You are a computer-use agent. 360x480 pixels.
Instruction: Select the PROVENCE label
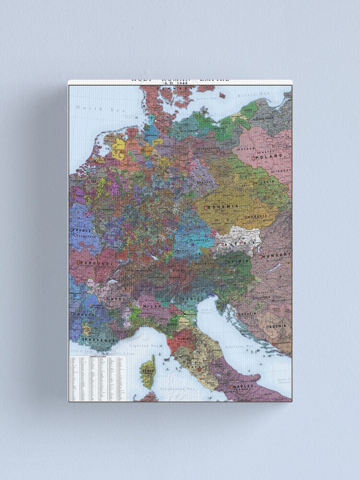point(101,340)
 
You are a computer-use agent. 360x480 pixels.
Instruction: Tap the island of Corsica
point(148,371)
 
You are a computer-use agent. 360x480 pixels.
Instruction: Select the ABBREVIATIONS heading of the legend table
point(95,357)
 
